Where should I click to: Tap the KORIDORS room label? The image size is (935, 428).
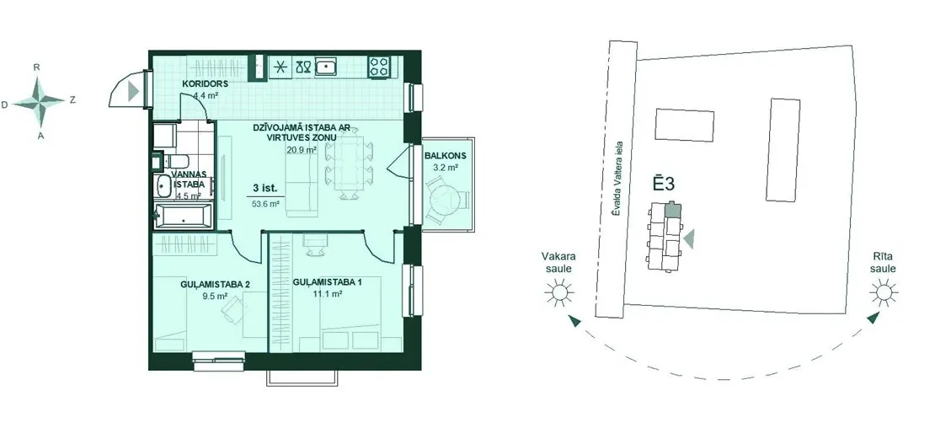point(206,84)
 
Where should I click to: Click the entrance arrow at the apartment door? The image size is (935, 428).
point(134,92)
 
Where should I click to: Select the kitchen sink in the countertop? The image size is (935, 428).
point(326,66)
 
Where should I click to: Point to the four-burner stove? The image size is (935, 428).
point(379,66)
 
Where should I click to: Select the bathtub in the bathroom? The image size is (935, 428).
point(183,217)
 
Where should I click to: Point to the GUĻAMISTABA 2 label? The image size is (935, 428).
point(215,284)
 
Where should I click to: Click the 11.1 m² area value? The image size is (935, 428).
point(327,294)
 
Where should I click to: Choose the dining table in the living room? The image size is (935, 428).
point(350,164)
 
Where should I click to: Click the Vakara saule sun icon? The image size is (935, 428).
point(559,292)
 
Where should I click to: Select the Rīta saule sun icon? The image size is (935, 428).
point(883,292)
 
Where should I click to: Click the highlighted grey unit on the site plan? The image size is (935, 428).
point(673,209)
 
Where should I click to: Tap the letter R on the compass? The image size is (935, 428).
point(37,67)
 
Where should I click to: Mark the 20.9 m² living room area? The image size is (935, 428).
point(302,150)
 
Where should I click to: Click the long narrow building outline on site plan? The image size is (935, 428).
point(783,150)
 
